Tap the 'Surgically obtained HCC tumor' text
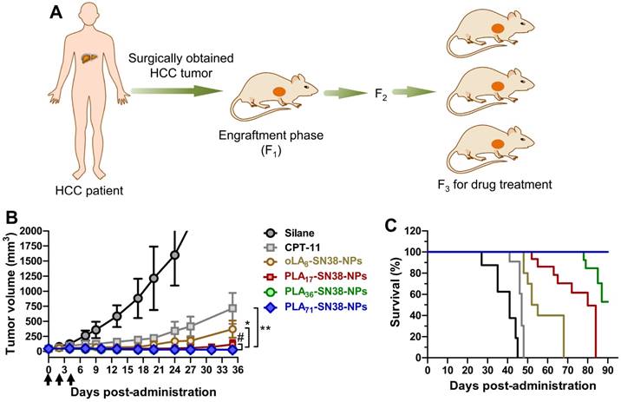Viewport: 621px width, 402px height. [179, 66]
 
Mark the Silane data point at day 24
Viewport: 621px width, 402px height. [175, 254]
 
